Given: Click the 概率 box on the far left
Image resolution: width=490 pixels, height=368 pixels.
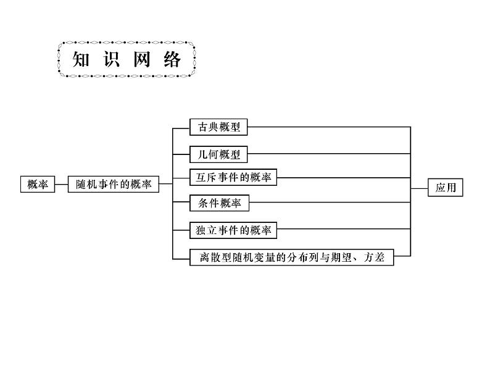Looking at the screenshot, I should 37,184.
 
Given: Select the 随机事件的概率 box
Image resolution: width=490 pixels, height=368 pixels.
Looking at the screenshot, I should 113,184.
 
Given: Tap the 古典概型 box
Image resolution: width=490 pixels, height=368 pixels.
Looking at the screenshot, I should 218,127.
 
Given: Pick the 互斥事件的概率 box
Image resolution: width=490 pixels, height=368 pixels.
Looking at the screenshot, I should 233,178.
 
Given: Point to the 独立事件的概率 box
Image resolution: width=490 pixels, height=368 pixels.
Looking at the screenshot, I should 233,230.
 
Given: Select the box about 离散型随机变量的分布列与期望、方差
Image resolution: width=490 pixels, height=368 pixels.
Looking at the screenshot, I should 291,257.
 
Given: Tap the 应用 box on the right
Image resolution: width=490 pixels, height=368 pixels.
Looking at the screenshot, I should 445,188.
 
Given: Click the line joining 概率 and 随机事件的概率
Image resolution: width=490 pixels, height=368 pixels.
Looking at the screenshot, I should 60,184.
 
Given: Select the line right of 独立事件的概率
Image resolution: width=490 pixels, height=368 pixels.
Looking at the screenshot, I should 343,230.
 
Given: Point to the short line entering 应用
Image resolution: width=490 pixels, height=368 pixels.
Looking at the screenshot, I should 419,188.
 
